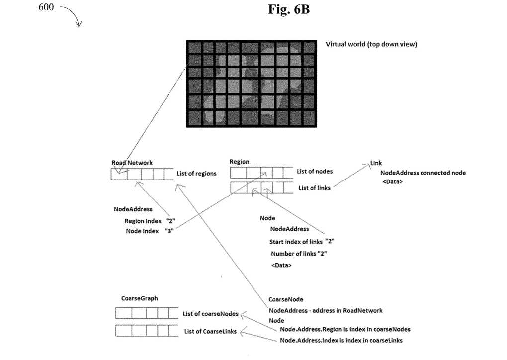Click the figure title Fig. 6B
(x=289, y=9)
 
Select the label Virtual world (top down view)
(x=371, y=44)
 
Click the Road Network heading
(x=132, y=162)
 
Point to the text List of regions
(x=197, y=174)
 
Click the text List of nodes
(x=315, y=172)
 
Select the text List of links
(x=314, y=187)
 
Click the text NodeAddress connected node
(x=423, y=173)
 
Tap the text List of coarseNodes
(x=210, y=314)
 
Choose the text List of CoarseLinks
(x=210, y=331)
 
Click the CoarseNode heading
(x=286, y=300)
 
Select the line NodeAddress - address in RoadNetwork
(x=326, y=310)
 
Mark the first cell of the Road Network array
(x=119, y=174)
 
